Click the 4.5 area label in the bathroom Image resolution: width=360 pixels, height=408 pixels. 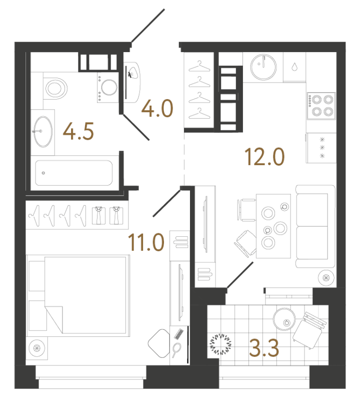coord(78,131)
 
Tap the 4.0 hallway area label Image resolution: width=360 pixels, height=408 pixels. coord(157,108)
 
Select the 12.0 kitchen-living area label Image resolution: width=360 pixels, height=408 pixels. coord(264,156)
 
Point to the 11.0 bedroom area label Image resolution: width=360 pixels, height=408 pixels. coord(146,242)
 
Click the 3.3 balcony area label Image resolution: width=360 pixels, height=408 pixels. coord(264,347)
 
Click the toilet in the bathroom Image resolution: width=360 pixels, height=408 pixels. coord(55,88)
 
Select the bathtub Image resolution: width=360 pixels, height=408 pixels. coord(74,173)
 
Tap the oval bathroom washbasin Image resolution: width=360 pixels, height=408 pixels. coord(43,132)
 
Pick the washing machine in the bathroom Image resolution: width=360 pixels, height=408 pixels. coord(107,88)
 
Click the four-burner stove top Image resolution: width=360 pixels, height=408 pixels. coord(321,106)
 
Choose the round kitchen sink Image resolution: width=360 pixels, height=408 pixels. coord(263,67)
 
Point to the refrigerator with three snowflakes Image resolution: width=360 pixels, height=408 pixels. coord(321,148)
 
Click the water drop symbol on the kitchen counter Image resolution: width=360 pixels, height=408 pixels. coord(294,67)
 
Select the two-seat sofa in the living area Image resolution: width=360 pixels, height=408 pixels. coord(315,226)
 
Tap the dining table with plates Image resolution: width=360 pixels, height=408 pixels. coord(273,226)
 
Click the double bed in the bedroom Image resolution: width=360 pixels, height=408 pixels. coord(78,295)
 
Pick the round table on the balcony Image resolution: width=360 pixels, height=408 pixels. coord(284,319)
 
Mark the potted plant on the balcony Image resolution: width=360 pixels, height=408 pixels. coord(220,344)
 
